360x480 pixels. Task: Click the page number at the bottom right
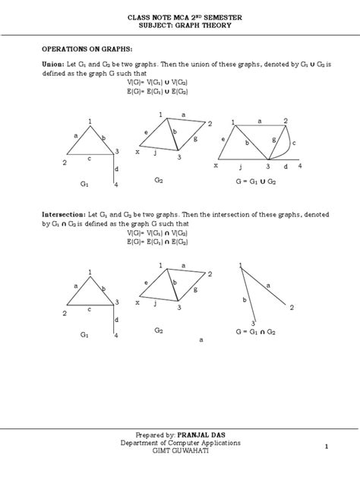(x=325, y=446)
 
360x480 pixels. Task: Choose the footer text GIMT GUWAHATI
(x=179, y=450)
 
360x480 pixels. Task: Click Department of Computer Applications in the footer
(x=179, y=442)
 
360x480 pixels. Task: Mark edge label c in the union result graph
(x=294, y=143)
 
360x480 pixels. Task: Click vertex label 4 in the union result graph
(x=299, y=166)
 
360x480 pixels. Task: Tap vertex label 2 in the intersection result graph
(x=292, y=308)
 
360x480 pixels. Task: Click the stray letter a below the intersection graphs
(x=201, y=341)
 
